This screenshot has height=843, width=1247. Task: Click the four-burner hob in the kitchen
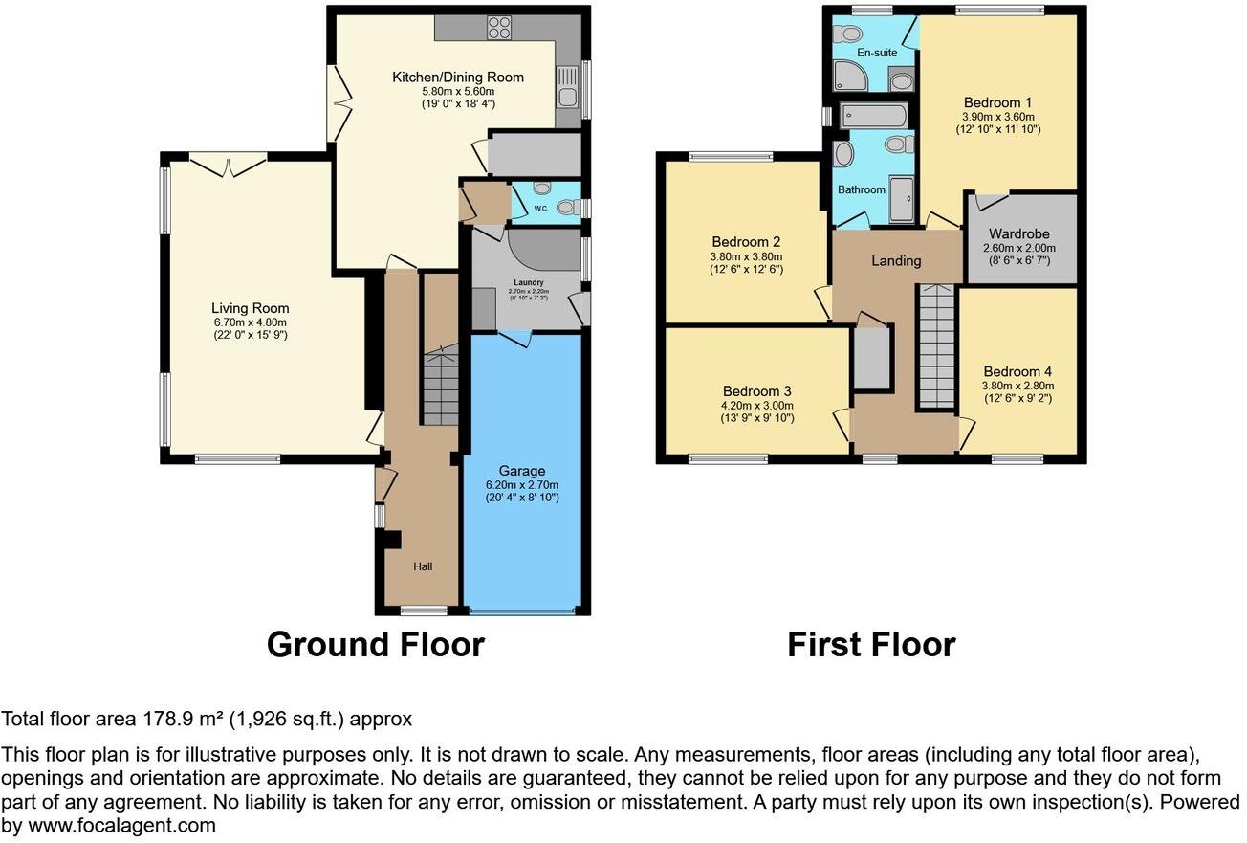click(x=499, y=29)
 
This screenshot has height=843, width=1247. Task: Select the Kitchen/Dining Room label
click(x=458, y=77)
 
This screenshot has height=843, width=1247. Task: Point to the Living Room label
click(x=250, y=308)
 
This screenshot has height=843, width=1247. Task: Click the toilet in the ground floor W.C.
click(x=566, y=206)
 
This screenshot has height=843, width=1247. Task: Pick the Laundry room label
click(x=528, y=282)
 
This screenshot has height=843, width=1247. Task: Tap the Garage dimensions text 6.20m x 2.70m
click(x=521, y=484)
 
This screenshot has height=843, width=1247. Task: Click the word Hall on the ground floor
click(x=423, y=566)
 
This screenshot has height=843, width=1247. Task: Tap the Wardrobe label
click(x=1020, y=233)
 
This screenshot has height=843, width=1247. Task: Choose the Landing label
click(x=896, y=260)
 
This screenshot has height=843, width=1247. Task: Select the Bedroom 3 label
click(x=756, y=390)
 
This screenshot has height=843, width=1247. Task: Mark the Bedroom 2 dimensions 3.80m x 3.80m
click(x=746, y=255)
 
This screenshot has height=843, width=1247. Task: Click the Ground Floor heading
click(x=375, y=644)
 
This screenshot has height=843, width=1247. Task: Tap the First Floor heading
click(x=870, y=644)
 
